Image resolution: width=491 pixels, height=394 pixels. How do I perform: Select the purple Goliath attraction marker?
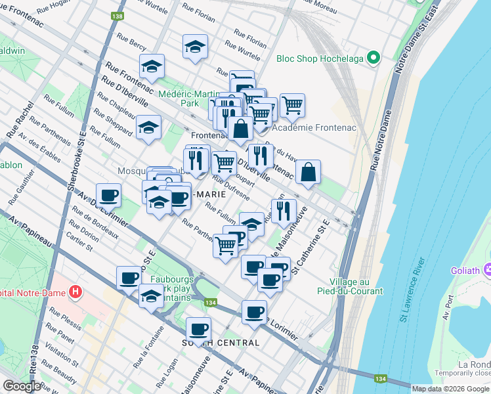(486, 269)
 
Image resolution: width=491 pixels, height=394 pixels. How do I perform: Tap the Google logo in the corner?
(22, 386)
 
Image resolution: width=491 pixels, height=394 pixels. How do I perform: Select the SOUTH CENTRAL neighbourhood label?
(221, 343)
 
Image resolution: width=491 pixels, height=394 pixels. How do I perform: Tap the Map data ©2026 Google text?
(451, 388)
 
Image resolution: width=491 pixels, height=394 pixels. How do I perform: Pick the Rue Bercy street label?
(133, 44)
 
